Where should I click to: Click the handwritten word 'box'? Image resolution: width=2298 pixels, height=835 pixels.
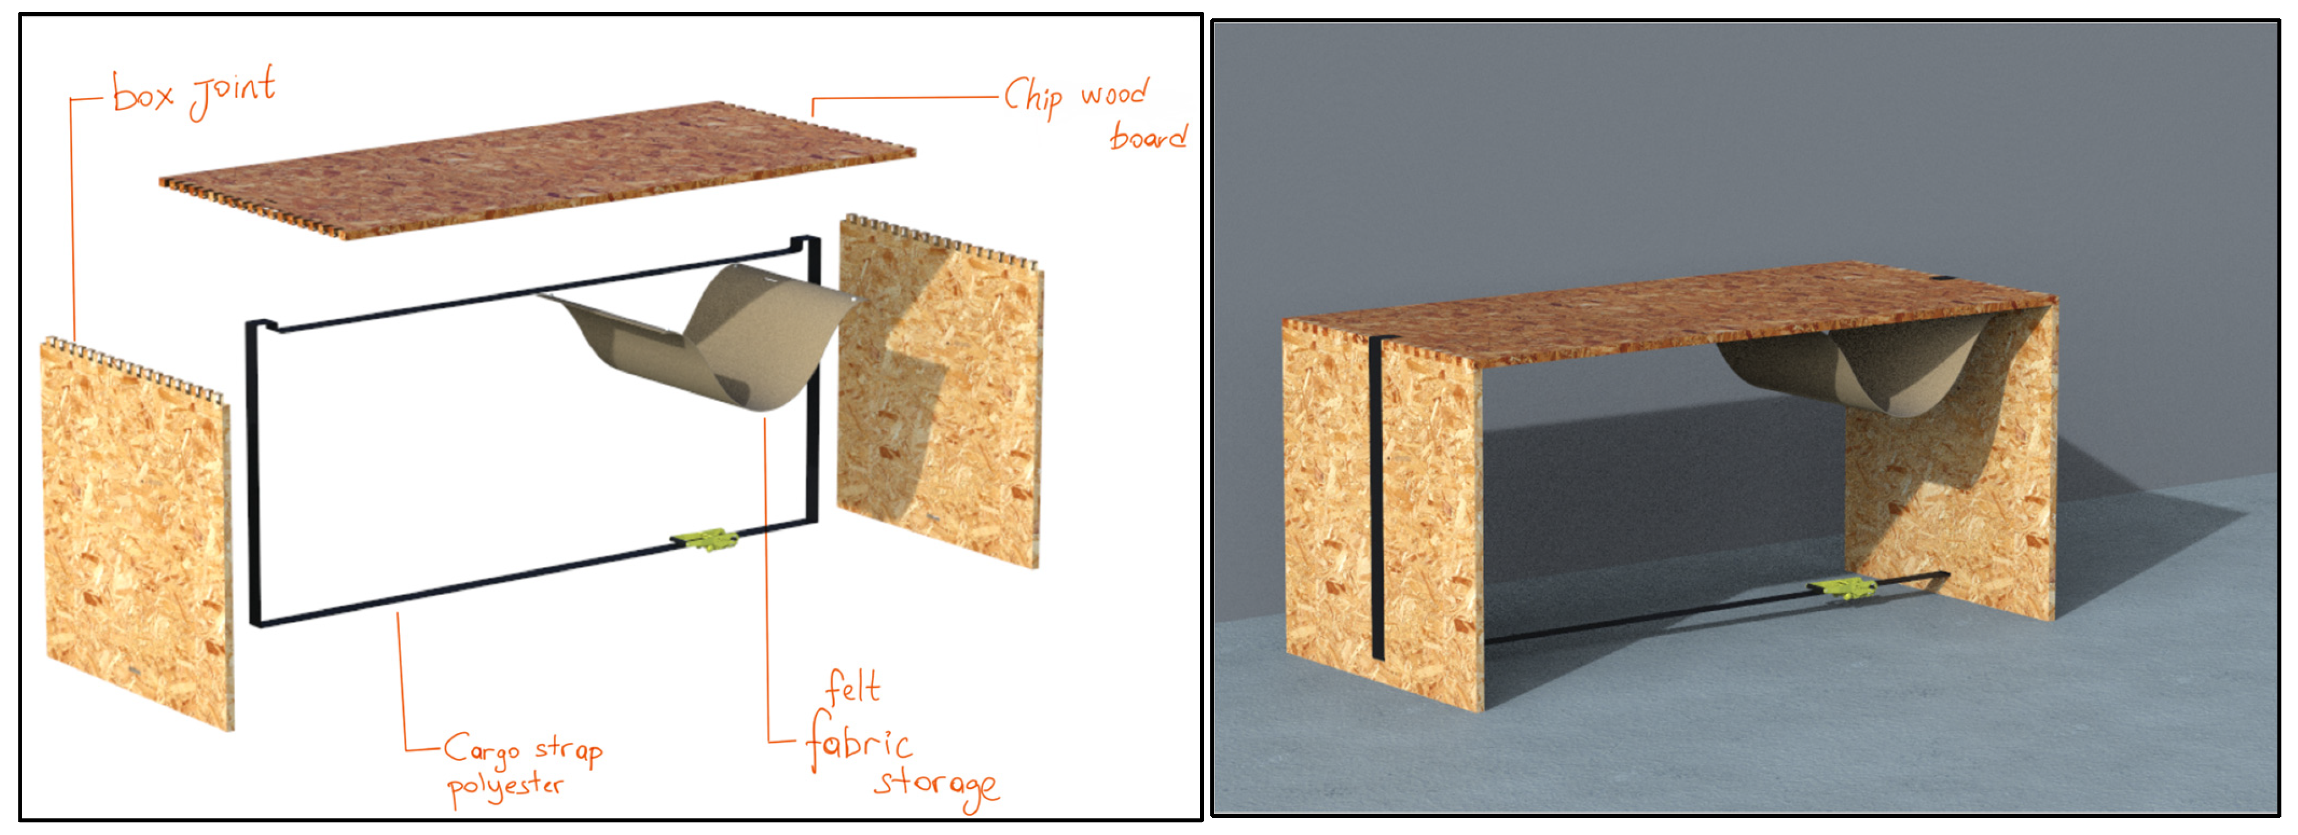(143, 93)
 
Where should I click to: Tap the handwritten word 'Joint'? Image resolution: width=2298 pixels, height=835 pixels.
(233, 91)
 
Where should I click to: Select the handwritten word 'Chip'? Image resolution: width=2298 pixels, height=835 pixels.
(1033, 96)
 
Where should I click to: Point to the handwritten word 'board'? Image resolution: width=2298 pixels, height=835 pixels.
(1148, 136)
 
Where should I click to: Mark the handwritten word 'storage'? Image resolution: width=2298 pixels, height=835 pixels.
(936, 787)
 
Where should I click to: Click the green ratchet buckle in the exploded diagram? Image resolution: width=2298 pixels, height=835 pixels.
(705, 539)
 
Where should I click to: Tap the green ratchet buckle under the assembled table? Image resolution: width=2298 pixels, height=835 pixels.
(1843, 588)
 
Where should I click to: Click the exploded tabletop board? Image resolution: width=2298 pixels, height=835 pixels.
(537, 170)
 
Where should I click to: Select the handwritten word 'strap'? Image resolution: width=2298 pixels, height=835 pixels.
(569, 749)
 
